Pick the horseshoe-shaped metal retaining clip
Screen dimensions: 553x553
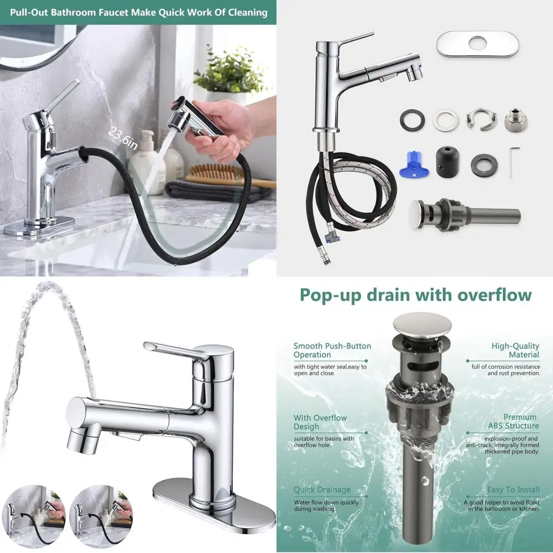[x=481, y=119]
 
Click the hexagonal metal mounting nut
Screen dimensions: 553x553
[x=515, y=120]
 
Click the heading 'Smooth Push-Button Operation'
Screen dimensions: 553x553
[x=332, y=350]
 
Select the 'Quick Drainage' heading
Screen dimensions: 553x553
[x=322, y=489]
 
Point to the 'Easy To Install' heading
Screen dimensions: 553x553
[x=513, y=489]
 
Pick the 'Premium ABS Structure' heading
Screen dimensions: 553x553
[x=513, y=421]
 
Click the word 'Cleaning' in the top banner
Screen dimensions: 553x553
[x=243, y=12]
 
